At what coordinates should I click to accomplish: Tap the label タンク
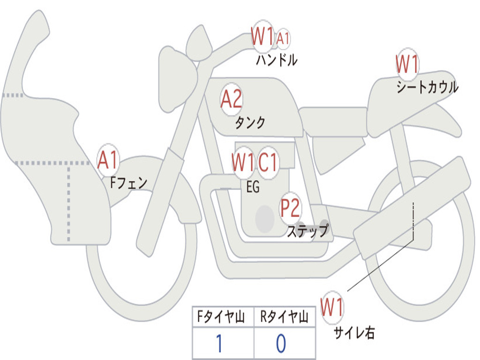point(250,123)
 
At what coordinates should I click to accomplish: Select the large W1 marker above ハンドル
point(262,37)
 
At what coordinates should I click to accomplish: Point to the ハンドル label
point(277,60)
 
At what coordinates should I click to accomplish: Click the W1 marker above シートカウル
point(407,64)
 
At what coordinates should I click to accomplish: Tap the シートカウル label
point(427,88)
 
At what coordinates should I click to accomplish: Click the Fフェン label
point(128,182)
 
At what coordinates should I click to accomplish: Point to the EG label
point(253,187)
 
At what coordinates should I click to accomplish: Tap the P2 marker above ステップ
point(290,208)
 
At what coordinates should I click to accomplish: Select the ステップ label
point(307,231)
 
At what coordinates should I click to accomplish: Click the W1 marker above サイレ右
point(332,308)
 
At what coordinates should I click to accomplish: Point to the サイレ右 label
point(354,333)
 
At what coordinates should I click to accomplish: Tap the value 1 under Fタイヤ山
point(219,344)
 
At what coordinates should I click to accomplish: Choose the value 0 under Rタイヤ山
point(281,344)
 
